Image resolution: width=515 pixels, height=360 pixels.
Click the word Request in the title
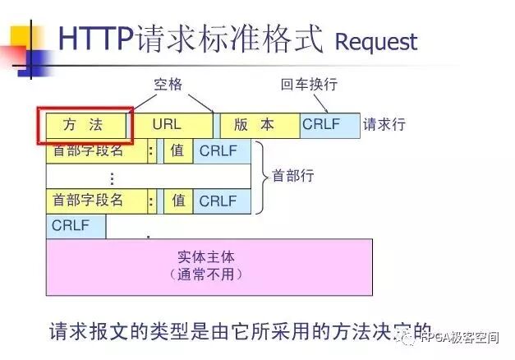376,41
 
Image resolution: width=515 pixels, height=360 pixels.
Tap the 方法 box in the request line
85,126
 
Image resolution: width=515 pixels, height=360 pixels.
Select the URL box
170,126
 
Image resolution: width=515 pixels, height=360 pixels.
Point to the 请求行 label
384,126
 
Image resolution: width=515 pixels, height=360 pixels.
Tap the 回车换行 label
310,84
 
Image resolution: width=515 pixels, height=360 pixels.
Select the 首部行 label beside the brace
293,175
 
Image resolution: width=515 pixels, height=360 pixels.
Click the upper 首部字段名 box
96,151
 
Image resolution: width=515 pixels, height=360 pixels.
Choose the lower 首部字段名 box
96,201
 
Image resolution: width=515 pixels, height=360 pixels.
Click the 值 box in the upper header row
177,151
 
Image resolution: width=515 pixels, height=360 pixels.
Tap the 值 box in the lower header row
177,201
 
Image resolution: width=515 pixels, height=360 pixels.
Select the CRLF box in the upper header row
219,151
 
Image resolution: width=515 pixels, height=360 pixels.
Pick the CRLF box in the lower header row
219,201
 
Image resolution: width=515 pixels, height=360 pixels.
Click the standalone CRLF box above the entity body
75,225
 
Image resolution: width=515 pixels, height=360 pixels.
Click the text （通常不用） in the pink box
206,274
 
